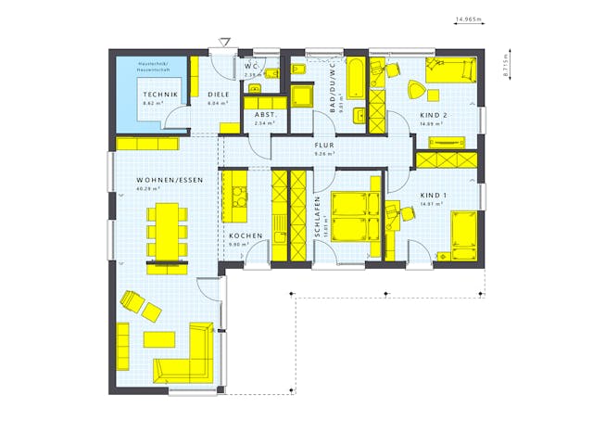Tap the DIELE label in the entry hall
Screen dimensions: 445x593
218,95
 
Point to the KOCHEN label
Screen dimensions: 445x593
246,236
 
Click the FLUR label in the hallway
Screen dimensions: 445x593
324,145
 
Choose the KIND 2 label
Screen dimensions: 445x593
433,115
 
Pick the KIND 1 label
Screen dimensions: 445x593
433,196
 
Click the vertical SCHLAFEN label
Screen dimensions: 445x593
317,218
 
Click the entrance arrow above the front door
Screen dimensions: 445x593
223,42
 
